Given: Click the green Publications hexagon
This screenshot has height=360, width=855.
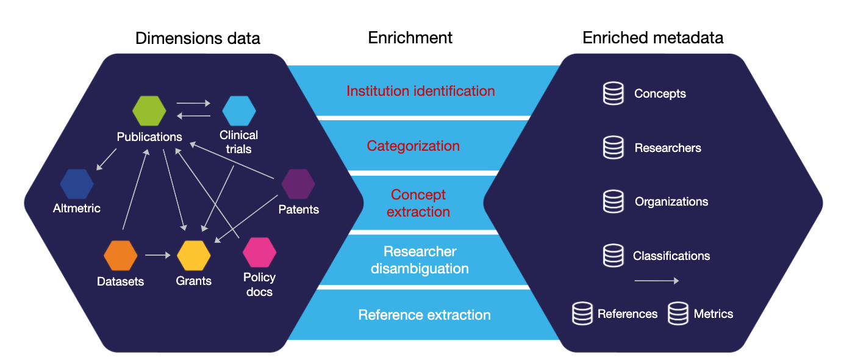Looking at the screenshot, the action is pos(149,110).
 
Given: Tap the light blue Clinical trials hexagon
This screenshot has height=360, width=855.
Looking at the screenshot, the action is pos(239,110).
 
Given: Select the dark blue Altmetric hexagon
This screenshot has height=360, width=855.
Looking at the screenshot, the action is pos(77,184).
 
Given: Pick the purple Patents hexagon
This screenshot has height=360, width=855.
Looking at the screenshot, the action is pos(298,184).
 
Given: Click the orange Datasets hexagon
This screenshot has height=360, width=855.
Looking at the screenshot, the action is pos(121,256).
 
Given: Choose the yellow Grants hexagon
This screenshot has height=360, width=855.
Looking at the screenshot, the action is pos(193,256).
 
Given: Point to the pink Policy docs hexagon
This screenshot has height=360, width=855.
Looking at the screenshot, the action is pos(260,253).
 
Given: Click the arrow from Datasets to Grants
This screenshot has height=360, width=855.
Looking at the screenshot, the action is pos(158,255).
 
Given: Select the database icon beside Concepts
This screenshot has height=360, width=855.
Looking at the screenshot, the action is pos(614,93).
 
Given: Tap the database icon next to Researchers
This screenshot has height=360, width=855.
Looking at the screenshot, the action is pos(614,148).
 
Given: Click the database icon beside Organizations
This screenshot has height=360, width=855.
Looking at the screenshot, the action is pos(614,201).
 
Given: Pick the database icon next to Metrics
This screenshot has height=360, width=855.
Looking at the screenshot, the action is pos(678,314).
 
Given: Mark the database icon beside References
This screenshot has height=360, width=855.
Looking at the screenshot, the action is pos(582,314).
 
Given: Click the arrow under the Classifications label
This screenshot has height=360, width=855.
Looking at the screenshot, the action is pos(657,281).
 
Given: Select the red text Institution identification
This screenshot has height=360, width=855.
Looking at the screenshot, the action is pos(421,91).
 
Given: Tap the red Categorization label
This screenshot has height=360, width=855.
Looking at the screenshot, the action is pos(413,146).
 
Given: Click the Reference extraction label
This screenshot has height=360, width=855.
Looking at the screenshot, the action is pos(424,315).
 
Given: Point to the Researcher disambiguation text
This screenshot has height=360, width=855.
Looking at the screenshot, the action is pos(420,260).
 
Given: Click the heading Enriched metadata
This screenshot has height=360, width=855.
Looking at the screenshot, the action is pos(653,38).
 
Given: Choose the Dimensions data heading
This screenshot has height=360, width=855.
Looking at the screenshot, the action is pos(198,38).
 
